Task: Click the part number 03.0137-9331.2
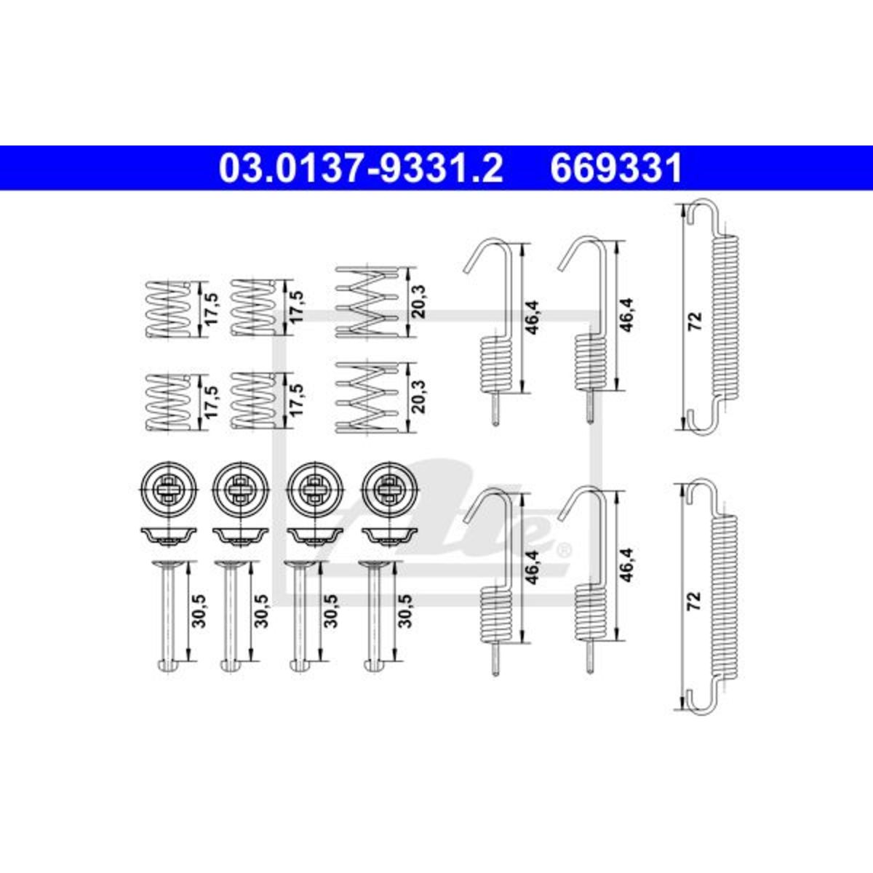(x=361, y=168)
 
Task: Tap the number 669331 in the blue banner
(x=616, y=168)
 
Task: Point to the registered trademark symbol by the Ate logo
(x=565, y=551)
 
